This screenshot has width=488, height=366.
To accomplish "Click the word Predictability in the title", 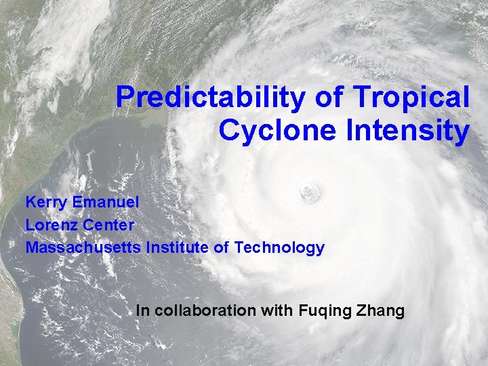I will coord(211,98).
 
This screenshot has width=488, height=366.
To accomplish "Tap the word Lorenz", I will coord(51,224).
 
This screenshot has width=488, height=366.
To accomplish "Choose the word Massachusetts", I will coord(83,247).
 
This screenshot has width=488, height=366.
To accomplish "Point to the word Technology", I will coord(279,248).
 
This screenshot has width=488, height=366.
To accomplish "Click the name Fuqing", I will coord(322,312).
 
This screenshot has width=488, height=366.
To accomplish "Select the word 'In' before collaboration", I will coord(142,311).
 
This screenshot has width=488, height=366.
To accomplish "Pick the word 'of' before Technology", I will coord(222,247).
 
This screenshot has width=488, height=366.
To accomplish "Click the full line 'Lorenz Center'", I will coord(80,224).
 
